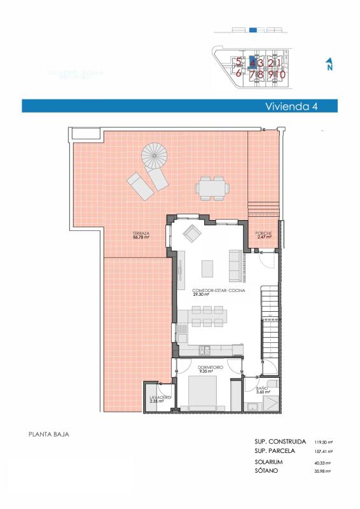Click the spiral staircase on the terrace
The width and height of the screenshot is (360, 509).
154,155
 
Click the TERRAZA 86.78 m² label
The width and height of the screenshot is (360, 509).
141,235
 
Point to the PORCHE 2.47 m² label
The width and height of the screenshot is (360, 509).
263,235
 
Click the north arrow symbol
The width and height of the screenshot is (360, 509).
329,65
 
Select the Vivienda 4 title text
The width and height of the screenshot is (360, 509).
291,107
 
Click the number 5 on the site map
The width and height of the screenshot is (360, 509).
239,62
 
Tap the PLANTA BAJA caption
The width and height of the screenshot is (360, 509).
49,435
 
